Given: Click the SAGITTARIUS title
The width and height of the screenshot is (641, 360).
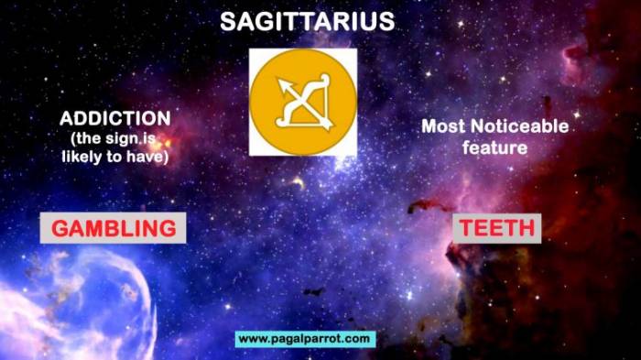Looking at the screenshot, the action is click(307, 22).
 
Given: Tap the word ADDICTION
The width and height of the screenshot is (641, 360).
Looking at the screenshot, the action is click(115, 119).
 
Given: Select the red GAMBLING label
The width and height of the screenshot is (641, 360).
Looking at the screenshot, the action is click(114, 228).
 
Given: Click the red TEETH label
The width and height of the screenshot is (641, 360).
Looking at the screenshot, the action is click(497, 228).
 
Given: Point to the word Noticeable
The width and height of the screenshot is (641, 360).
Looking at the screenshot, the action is click(519, 126).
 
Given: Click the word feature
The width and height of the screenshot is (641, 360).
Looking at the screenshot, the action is click(494, 147).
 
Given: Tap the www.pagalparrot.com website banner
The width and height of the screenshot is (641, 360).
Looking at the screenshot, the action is click(305, 339).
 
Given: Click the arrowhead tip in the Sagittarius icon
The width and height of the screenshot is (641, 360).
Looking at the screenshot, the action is click(279, 81).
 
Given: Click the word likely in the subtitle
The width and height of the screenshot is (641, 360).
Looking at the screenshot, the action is click(80, 157).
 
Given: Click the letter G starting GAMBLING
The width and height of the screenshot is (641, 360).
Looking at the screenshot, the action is click(60, 228).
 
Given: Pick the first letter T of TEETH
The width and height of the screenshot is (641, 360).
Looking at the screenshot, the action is click(466, 228).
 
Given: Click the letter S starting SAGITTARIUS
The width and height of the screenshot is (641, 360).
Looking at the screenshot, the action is click(228, 22).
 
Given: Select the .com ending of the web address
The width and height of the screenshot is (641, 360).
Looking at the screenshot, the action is click(355, 339).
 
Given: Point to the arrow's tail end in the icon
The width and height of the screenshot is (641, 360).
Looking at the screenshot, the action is click(328, 125).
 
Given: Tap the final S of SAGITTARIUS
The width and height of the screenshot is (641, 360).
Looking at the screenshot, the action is click(386, 22).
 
